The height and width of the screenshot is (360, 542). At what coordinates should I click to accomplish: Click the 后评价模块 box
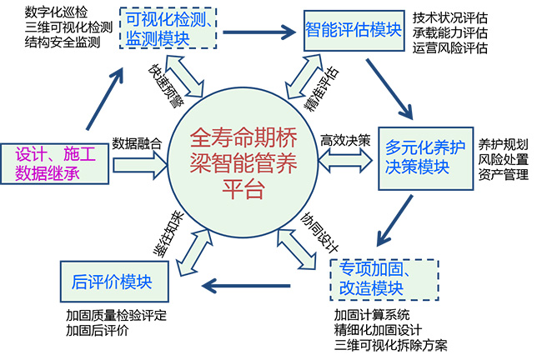pos(113,282)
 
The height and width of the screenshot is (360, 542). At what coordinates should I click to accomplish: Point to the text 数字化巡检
pos(53,12)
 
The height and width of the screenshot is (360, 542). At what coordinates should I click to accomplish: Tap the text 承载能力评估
pos(450,32)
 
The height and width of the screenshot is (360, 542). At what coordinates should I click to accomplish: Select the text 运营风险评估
pos(450,48)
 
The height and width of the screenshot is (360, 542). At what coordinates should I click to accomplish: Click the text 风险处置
pos(502,157)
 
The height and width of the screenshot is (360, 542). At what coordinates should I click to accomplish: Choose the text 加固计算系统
pos(373,314)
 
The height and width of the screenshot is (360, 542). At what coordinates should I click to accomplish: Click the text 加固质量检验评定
pos(116,316)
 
